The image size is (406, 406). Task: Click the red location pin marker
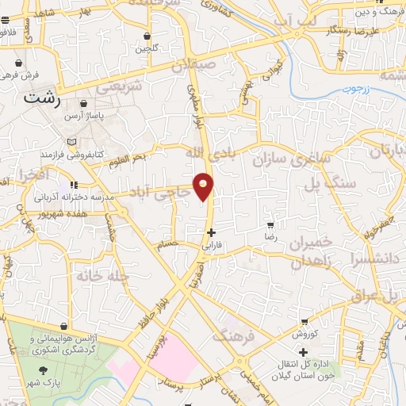tap(204, 186)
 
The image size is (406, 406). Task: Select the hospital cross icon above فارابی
tap(210, 232)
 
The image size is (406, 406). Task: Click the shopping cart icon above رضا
tap(270, 226)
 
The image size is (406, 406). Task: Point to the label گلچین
tap(147, 48)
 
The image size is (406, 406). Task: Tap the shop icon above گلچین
tap(147, 35)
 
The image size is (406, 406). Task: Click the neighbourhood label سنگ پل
tap(371, 184)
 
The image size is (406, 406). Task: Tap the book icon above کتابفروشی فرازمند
tap(73, 143)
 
